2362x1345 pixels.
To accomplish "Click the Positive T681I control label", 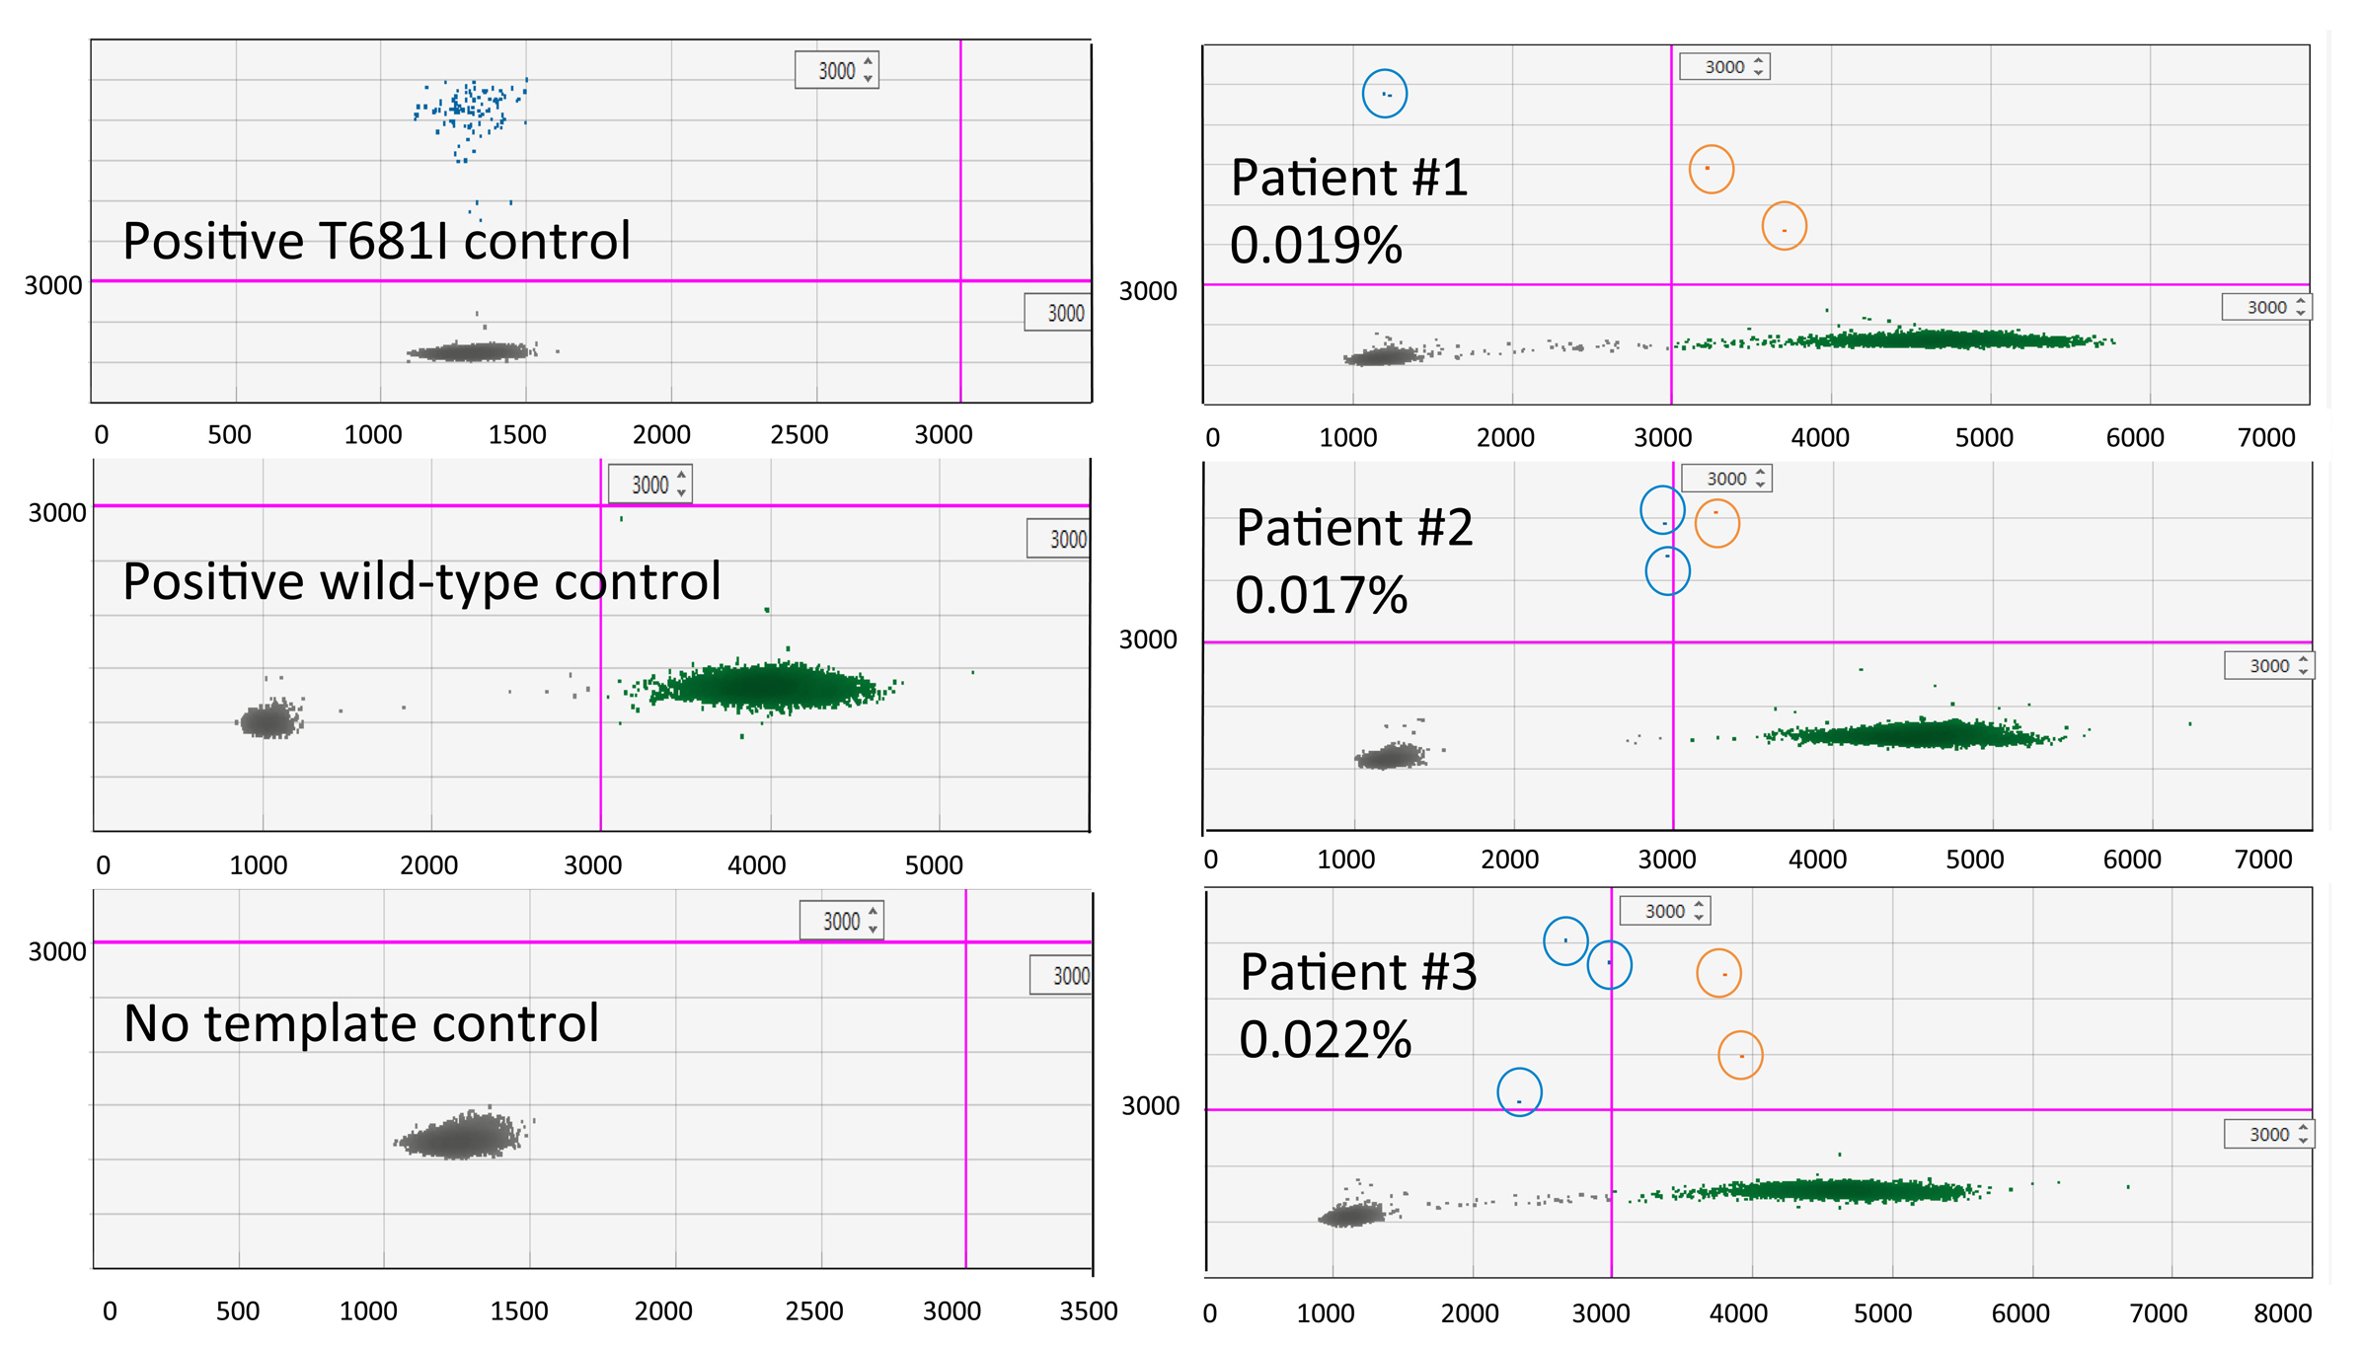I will [376, 242].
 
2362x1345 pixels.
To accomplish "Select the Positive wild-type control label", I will [421, 581].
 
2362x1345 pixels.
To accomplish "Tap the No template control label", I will [361, 1023].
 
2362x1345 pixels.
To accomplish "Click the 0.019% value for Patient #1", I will [1315, 246].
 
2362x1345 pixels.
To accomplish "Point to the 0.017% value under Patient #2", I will [1321, 596].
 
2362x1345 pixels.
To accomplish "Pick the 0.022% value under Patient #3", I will [1325, 1040].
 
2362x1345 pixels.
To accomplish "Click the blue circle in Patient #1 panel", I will [1384, 94].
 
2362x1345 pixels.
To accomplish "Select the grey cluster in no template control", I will [461, 1136].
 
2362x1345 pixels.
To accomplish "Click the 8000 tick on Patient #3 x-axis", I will [2282, 1313].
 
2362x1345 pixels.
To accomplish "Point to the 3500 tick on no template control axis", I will [1088, 1311].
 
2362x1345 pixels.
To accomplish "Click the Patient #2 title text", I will [1353, 528].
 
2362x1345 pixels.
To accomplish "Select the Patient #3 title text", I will [1357, 972].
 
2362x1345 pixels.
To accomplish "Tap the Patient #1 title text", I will [1348, 179].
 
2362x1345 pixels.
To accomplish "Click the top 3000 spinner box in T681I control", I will [836, 70].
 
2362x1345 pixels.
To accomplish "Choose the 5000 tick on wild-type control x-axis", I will [933, 865].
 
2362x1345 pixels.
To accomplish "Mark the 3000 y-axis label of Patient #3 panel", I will [1150, 1106].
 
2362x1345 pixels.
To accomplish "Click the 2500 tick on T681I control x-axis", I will [799, 435].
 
